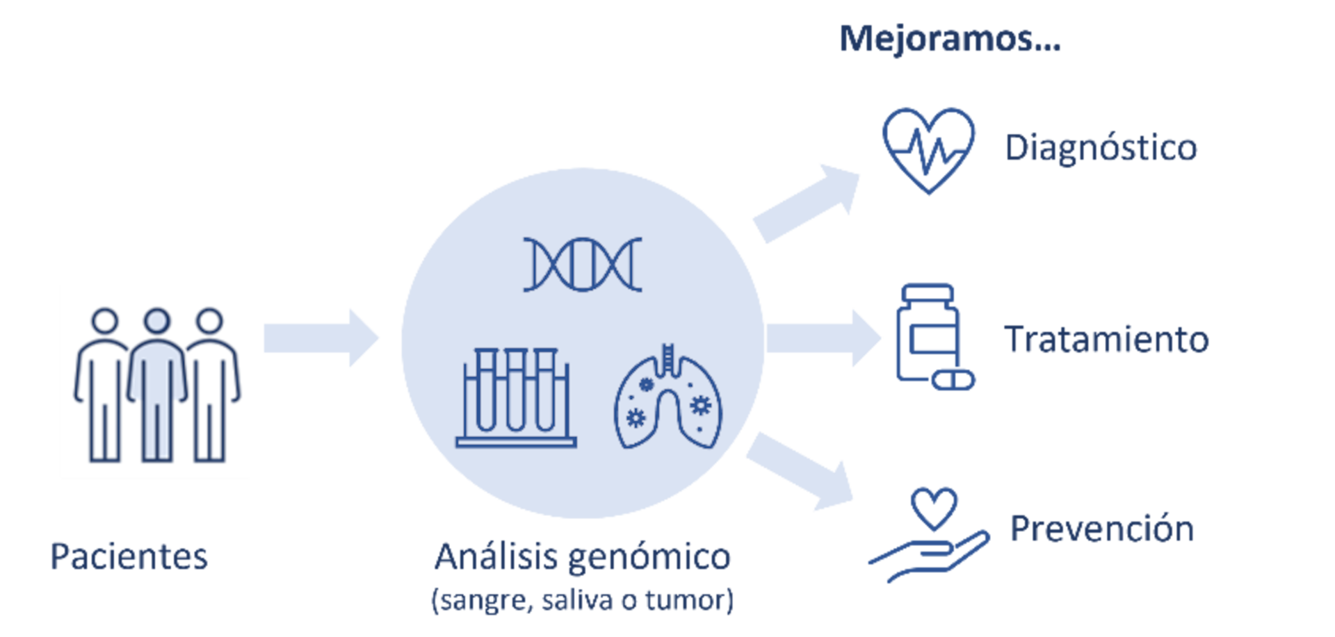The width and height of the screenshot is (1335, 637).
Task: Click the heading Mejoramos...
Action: coord(949,39)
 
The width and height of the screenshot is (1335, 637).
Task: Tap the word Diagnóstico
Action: coord(1101,149)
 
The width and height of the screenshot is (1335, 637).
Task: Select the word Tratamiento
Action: coord(1106,340)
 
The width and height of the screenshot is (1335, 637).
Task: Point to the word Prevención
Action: coord(1101,529)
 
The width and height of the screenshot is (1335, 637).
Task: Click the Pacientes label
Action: coord(129,557)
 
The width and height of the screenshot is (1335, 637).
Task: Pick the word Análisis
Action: coord(496,556)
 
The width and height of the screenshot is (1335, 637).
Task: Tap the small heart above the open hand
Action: coord(934,508)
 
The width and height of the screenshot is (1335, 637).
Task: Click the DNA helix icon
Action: coord(583,264)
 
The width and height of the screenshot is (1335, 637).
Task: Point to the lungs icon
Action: coord(667,399)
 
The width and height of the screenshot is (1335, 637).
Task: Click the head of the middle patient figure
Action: coord(156,321)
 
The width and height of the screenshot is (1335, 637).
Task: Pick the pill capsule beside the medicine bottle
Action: coord(953,380)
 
